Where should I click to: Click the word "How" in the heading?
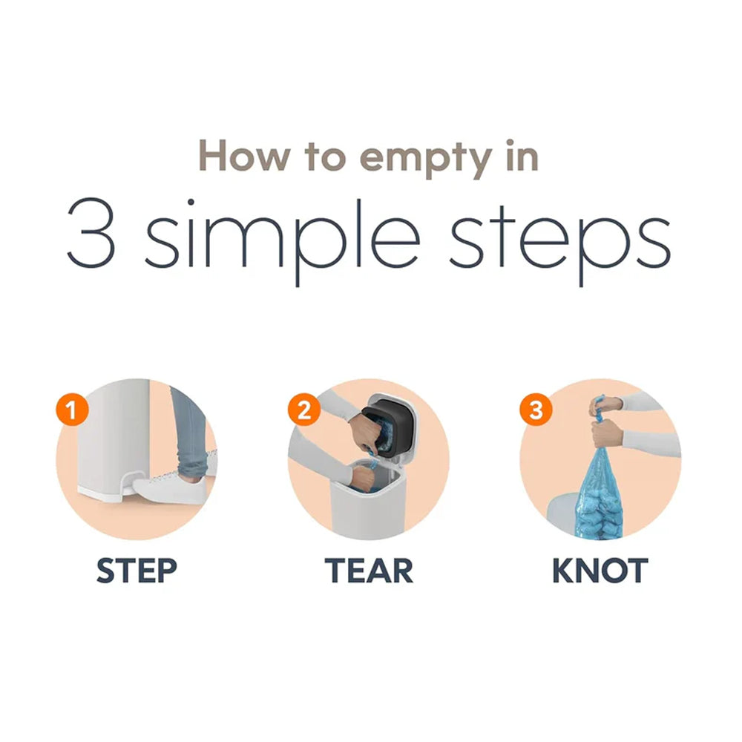(245, 155)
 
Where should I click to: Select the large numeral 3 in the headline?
(91, 233)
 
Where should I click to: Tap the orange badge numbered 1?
(72, 410)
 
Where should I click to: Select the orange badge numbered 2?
(303, 410)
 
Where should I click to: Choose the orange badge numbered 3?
(536, 410)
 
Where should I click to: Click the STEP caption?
(137, 571)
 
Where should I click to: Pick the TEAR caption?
(369, 571)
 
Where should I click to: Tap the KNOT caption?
(600, 571)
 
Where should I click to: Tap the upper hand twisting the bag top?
(605, 407)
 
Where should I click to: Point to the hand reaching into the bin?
(361, 478)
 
